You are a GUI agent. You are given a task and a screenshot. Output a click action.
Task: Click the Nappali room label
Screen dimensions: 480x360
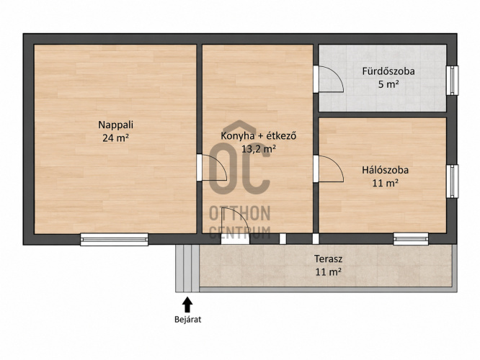point(116,125)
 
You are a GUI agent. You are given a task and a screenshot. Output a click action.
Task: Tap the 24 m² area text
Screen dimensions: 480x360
point(115,138)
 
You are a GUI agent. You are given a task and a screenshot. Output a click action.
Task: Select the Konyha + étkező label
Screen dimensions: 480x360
point(259,136)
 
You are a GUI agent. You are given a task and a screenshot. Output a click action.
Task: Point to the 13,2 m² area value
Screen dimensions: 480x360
point(259,149)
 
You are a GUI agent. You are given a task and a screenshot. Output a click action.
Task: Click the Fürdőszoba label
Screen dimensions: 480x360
point(388,71)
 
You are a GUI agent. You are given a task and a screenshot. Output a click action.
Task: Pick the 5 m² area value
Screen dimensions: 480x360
point(388,84)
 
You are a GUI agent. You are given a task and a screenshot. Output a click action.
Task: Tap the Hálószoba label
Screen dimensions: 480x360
point(385,170)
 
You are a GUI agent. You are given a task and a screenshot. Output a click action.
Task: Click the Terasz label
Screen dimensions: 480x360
point(328,259)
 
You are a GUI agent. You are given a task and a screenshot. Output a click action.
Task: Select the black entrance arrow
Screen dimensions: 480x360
point(187,305)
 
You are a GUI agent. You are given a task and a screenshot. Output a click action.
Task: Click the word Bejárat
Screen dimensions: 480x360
point(187,320)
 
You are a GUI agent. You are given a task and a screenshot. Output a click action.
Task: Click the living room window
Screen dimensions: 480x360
point(114,239)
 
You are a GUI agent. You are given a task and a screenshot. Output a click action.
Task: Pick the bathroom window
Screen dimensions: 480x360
point(452,81)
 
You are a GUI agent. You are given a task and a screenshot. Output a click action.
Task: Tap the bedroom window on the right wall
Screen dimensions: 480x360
point(452,181)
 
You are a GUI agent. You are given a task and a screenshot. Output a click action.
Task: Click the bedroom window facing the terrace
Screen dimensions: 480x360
point(411,239)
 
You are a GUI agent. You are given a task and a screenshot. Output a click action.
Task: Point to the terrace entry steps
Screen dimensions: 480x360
point(187,269)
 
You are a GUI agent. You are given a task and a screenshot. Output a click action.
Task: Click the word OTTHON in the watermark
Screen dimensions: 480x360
point(240,213)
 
